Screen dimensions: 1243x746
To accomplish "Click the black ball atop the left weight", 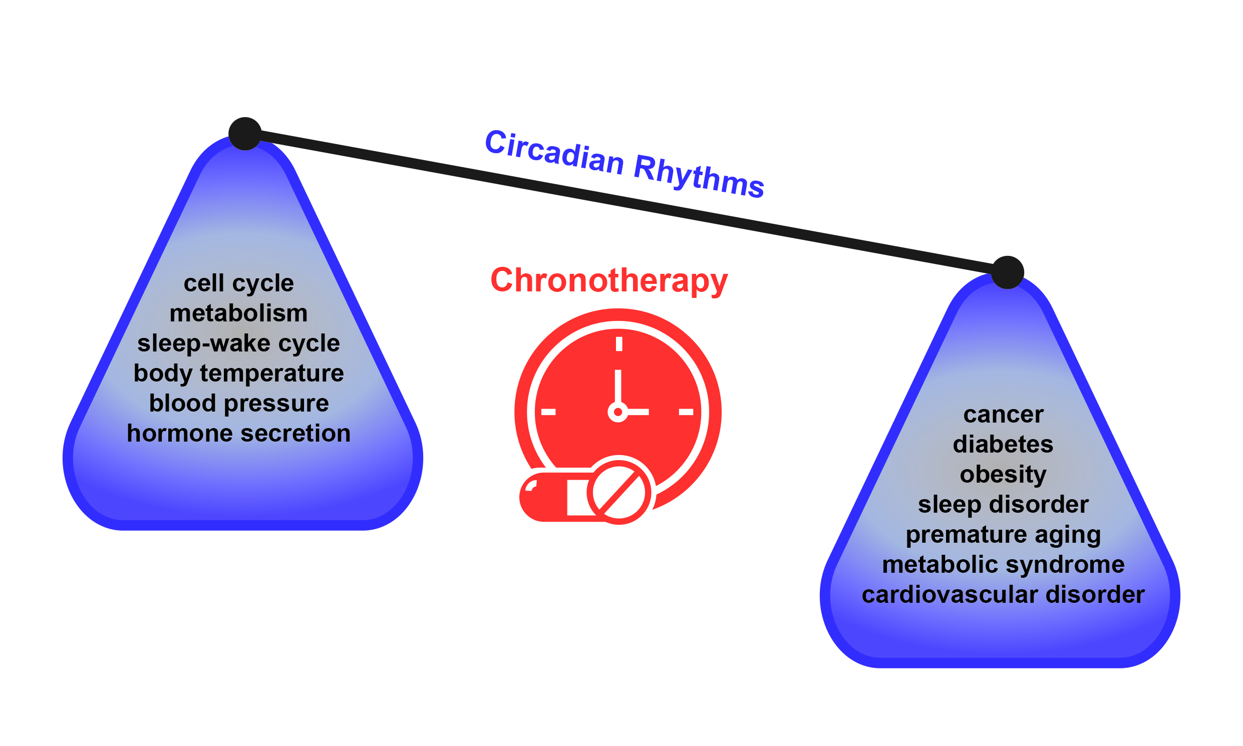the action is [x=245, y=134].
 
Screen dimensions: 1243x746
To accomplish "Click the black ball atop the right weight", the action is [x=1007, y=272].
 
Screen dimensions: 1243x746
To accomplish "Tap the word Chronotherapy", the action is [x=609, y=281].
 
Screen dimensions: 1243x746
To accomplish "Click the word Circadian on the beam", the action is [x=554, y=152].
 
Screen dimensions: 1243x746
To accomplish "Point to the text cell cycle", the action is [x=238, y=283].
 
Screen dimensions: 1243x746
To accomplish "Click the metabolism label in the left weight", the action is [x=238, y=313].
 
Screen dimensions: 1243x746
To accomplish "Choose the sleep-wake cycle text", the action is [x=238, y=344].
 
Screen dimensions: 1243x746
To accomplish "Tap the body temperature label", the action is [x=238, y=374].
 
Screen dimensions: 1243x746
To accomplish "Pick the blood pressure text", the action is [x=239, y=404].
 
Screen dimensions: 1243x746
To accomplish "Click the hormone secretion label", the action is [x=238, y=433].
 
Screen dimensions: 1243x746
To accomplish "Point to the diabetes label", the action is [x=1003, y=445].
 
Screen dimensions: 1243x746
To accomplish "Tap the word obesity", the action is [x=1003, y=475].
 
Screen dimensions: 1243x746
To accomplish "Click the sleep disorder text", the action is [x=1003, y=505].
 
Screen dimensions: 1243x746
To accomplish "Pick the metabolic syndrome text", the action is [x=1003, y=565].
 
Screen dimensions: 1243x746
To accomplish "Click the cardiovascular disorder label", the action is [x=1003, y=595].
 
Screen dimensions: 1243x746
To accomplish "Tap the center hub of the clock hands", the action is [x=618, y=412].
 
